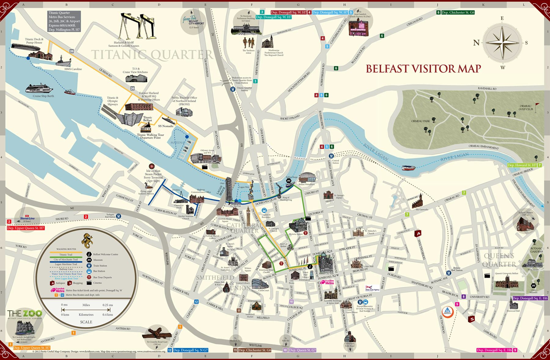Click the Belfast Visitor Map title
click(424, 68)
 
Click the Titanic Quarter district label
click(152, 55)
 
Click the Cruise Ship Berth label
click(43, 96)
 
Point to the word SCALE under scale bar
click(86, 322)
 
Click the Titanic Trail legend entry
click(66, 252)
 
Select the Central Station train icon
click(331, 156)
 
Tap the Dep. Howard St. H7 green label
click(522, 165)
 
